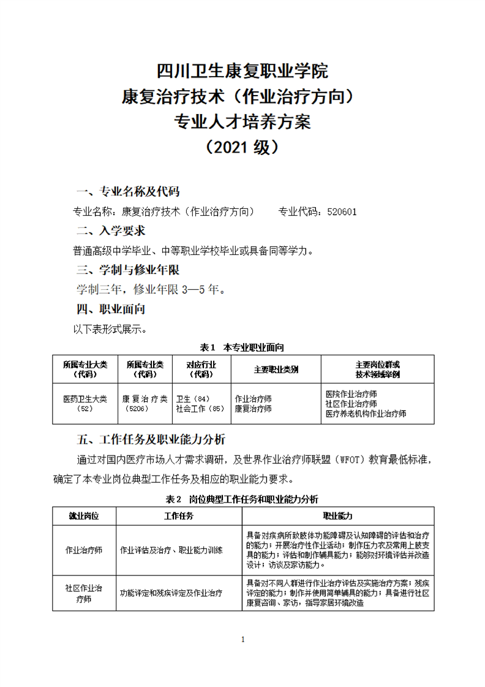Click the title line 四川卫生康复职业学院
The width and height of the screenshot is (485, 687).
[x=242, y=71]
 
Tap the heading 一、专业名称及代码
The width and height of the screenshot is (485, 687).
[x=127, y=191]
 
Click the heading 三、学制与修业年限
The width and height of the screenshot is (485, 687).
[x=127, y=270]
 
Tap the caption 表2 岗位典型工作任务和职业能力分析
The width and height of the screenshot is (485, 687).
[x=242, y=499]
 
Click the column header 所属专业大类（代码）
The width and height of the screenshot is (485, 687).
[x=85, y=369]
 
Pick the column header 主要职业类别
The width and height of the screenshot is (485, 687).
[x=276, y=370]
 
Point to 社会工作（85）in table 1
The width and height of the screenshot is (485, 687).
[x=200, y=408]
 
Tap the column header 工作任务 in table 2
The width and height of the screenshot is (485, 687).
[x=179, y=515]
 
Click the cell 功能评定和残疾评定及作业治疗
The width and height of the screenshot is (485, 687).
[x=171, y=593]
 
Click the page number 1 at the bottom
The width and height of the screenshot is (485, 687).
[x=243, y=640]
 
